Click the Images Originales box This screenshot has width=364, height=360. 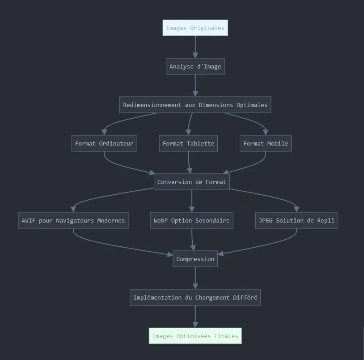click(x=195, y=28)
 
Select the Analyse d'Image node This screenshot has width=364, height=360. click(x=195, y=67)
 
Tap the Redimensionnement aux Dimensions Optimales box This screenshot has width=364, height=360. click(x=195, y=105)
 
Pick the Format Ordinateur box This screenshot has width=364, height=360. click(x=104, y=144)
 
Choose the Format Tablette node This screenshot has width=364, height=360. click(x=188, y=144)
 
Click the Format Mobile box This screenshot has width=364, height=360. click(x=266, y=144)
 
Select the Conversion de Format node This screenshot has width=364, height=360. click(x=192, y=182)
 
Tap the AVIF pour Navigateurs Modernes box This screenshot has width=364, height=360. click(x=73, y=221)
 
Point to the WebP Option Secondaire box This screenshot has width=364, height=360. click(x=192, y=221)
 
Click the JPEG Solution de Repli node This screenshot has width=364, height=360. click(x=296, y=221)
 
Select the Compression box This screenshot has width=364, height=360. click(x=195, y=259)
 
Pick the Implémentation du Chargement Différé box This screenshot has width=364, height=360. click(x=195, y=298)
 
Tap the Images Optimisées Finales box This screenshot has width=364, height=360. click(x=195, y=336)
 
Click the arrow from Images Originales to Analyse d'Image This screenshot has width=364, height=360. click(x=195, y=47)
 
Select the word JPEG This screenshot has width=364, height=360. click(x=266, y=221)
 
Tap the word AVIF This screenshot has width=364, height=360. click(x=29, y=221)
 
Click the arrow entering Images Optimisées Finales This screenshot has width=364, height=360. click(x=195, y=319)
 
